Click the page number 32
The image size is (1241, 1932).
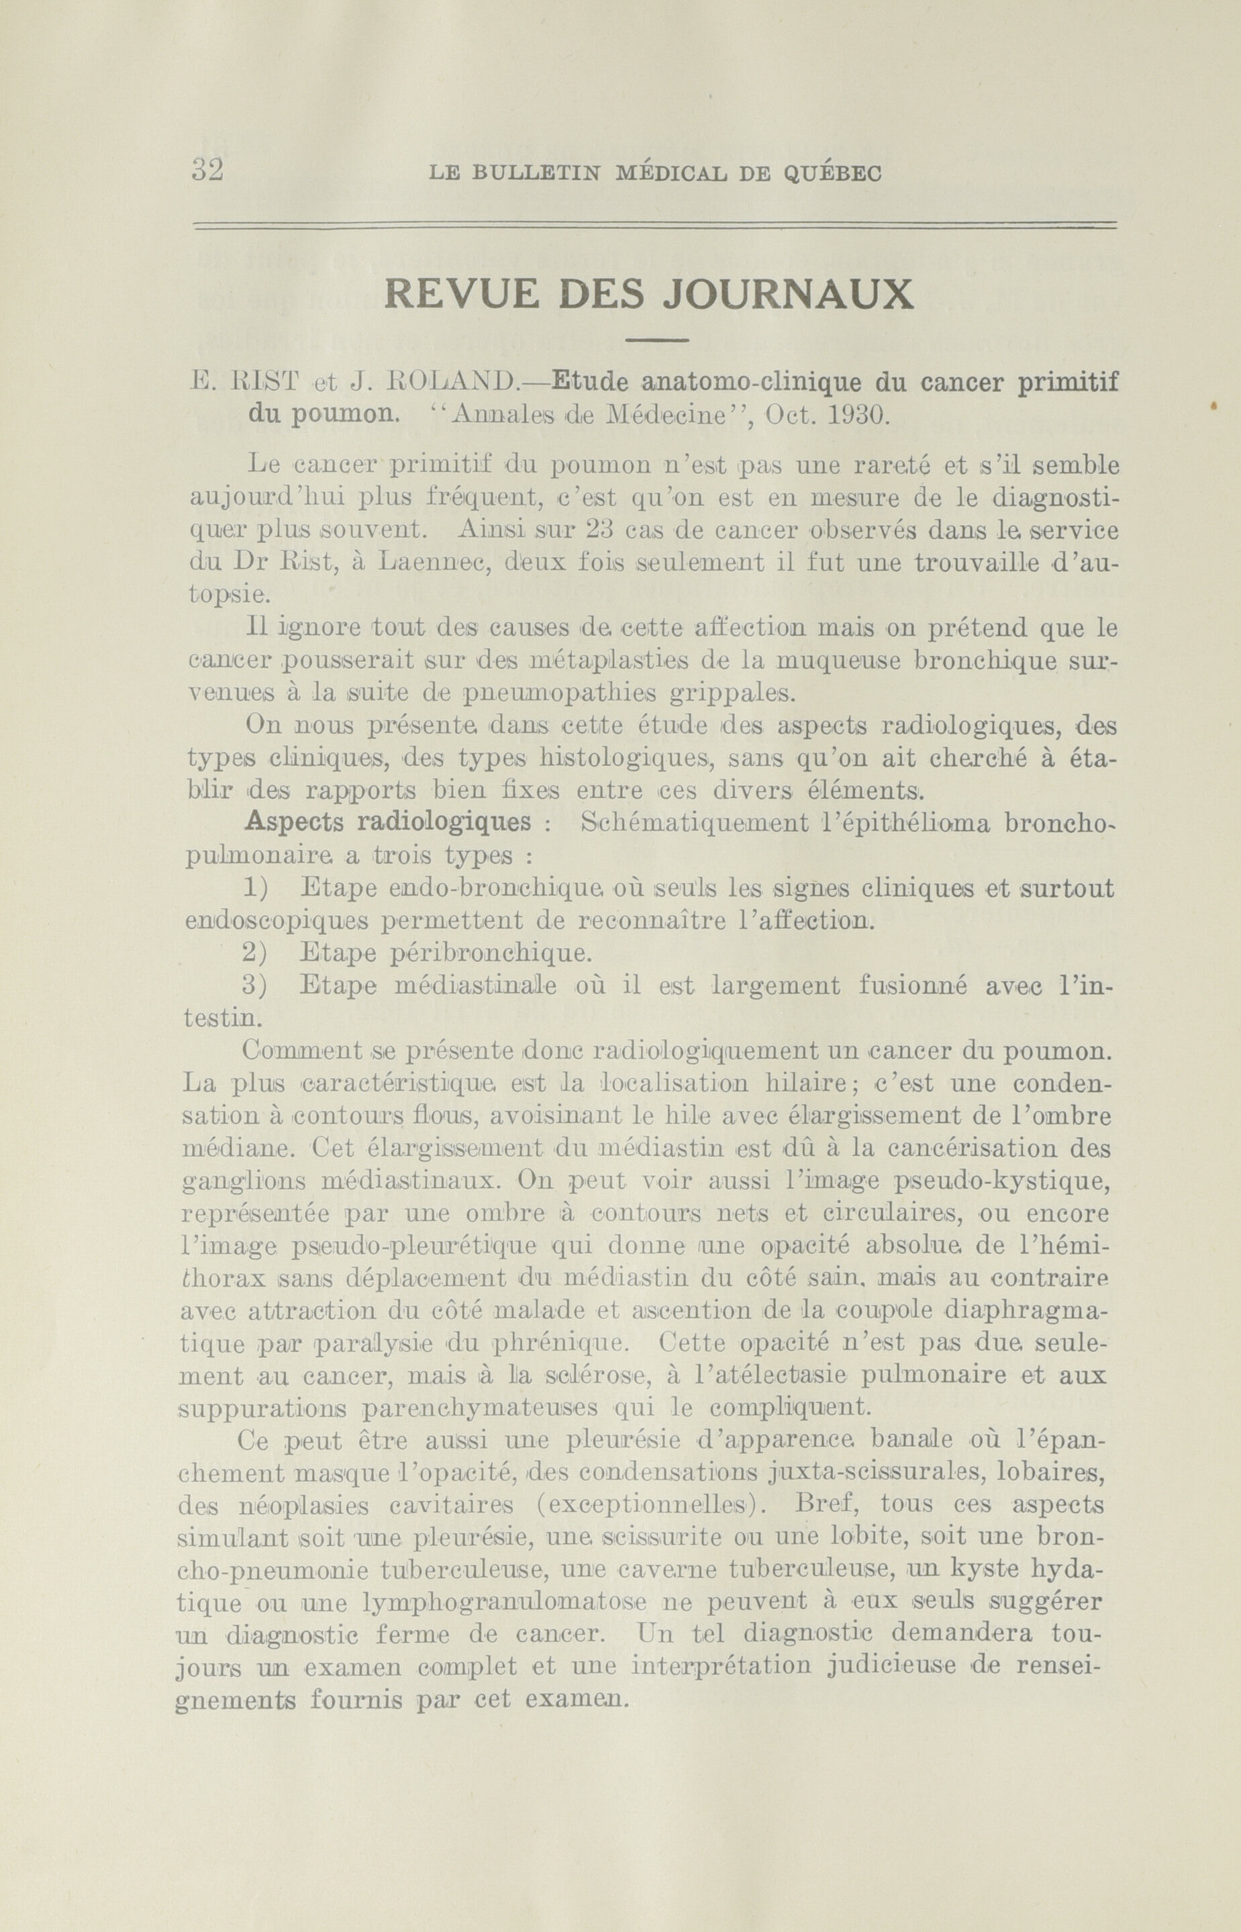tap(207, 171)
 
